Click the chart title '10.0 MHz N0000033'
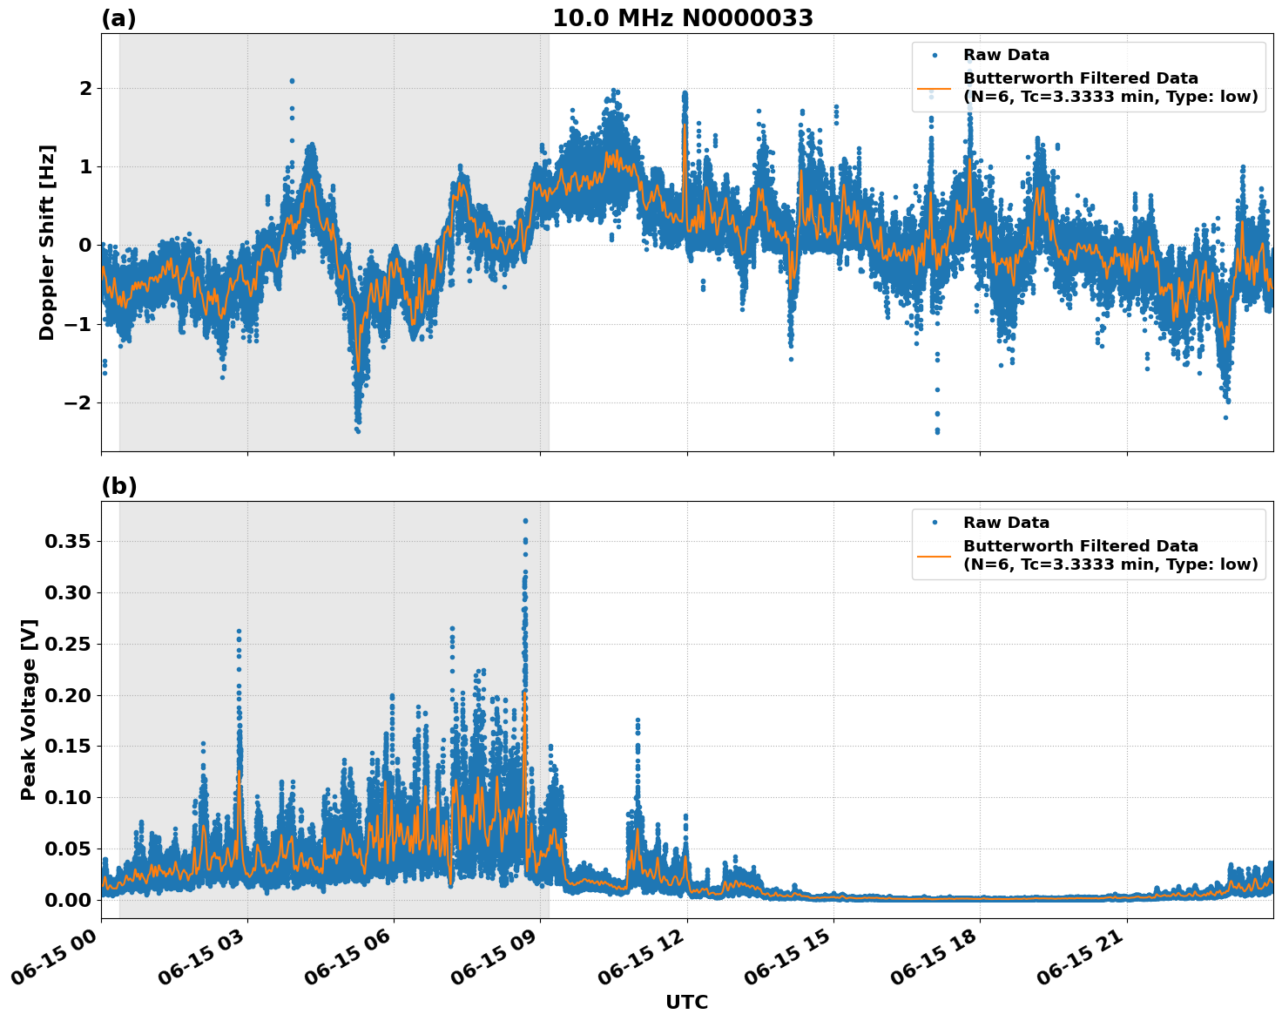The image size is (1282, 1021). pos(682,18)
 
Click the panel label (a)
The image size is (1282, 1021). pos(118,18)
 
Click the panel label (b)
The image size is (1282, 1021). pos(118,486)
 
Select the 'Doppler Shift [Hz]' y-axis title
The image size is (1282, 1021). pos(47,242)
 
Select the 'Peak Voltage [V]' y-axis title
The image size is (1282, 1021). pos(29,709)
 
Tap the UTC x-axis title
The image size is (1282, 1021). pos(686,1002)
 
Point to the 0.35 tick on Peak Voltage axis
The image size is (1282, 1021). pos(67,542)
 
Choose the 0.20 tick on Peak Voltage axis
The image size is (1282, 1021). pos(67,695)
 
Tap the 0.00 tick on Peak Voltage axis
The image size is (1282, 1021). pos(67,900)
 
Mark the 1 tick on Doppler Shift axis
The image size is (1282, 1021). pos(84,166)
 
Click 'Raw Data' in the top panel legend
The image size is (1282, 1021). pos(1006,55)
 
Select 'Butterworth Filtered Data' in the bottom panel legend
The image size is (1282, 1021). pos(1080,546)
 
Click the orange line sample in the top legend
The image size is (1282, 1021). pos(935,88)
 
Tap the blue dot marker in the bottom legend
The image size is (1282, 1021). pos(935,523)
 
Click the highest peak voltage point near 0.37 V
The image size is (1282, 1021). pos(525,521)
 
